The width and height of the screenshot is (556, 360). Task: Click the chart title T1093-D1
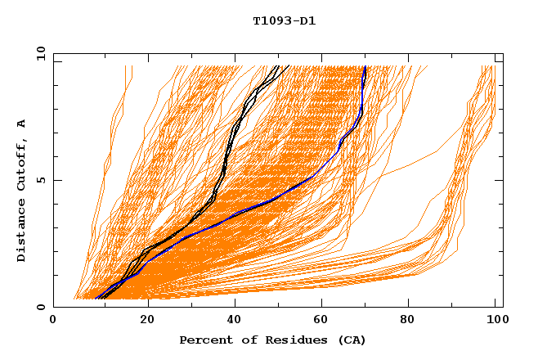click(284, 21)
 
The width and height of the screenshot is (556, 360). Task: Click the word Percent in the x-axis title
click(204, 340)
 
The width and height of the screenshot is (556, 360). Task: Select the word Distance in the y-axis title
click(22, 231)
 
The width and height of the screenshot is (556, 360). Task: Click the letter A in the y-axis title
click(22, 124)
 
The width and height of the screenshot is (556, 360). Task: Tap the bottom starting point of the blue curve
click(96, 299)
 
